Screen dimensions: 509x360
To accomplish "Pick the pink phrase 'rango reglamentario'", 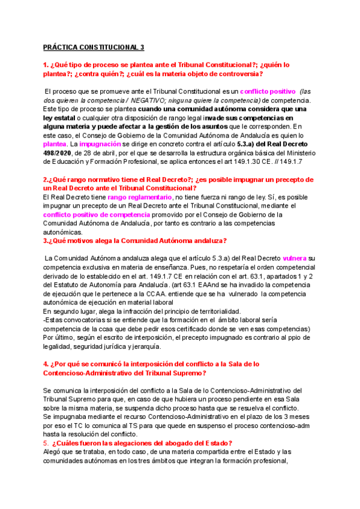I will point(140,197).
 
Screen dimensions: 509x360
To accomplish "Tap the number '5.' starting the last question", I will point(47,443).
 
